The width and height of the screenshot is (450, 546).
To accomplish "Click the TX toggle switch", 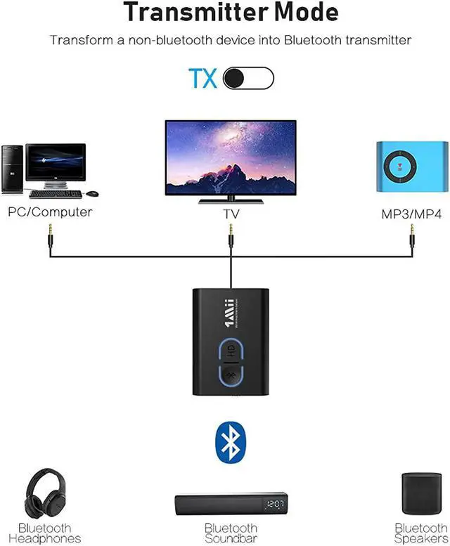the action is (x=248, y=78).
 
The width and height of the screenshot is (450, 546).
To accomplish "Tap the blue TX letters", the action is (x=202, y=78).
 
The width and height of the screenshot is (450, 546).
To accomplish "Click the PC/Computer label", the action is (x=50, y=212).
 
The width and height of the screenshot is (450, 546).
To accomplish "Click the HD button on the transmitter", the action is (x=231, y=351).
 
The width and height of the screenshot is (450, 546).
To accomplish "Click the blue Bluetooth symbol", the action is (x=231, y=441).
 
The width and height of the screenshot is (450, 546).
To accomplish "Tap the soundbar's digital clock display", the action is (x=275, y=504).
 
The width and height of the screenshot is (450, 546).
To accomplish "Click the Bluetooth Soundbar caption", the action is (x=231, y=533).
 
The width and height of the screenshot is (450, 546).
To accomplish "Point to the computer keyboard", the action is (x=55, y=193).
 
